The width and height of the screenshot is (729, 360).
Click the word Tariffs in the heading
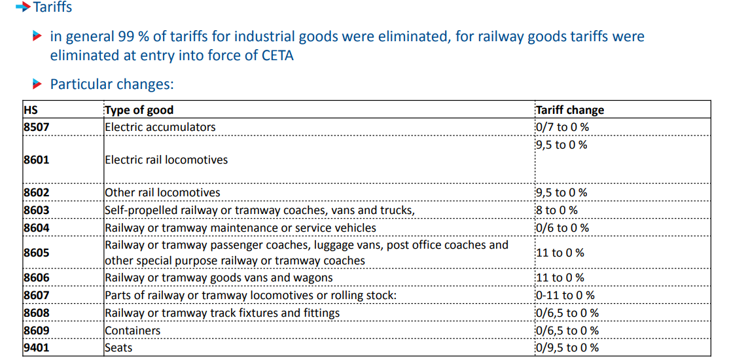click(x=53, y=7)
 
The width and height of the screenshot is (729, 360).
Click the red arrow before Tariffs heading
click(x=23, y=7)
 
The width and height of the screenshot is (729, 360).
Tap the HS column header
click(x=31, y=110)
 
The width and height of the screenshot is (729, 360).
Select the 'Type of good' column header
click(x=139, y=110)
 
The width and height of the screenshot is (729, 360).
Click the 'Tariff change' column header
click(x=569, y=110)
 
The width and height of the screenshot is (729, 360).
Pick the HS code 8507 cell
click(x=36, y=127)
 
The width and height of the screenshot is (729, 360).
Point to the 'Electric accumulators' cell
click(x=160, y=127)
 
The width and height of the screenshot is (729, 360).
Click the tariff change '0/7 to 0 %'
click(x=562, y=127)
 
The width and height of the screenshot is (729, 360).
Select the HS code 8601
click(x=36, y=160)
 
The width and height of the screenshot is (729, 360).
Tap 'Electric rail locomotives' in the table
click(x=167, y=160)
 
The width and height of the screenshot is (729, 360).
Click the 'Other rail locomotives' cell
click(x=163, y=192)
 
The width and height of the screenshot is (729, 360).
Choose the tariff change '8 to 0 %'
click(x=557, y=210)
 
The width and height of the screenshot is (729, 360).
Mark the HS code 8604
click(x=36, y=228)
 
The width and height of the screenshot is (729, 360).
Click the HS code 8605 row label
click(x=36, y=253)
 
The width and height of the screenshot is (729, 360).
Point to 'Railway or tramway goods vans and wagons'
click(x=219, y=278)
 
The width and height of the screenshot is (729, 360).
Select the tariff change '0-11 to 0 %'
click(x=565, y=296)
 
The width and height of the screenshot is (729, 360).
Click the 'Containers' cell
click(x=133, y=331)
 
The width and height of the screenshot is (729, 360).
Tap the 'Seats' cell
click(x=118, y=348)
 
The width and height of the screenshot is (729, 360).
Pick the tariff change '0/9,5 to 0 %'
click(x=567, y=348)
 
